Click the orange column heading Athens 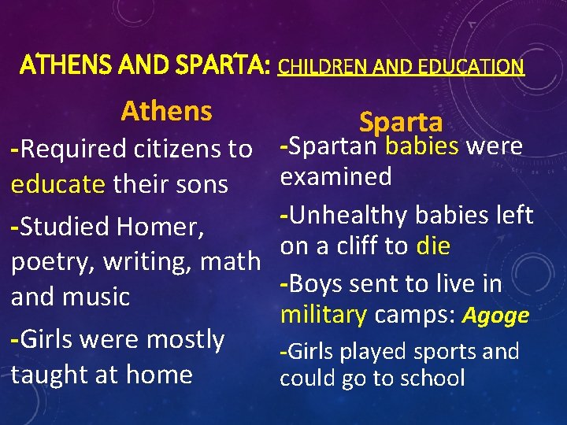tap(166, 111)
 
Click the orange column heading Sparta tap(401, 122)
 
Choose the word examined tap(336, 176)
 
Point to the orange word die tap(433, 246)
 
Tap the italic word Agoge tap(496, 316)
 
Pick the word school tap(432, 378)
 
